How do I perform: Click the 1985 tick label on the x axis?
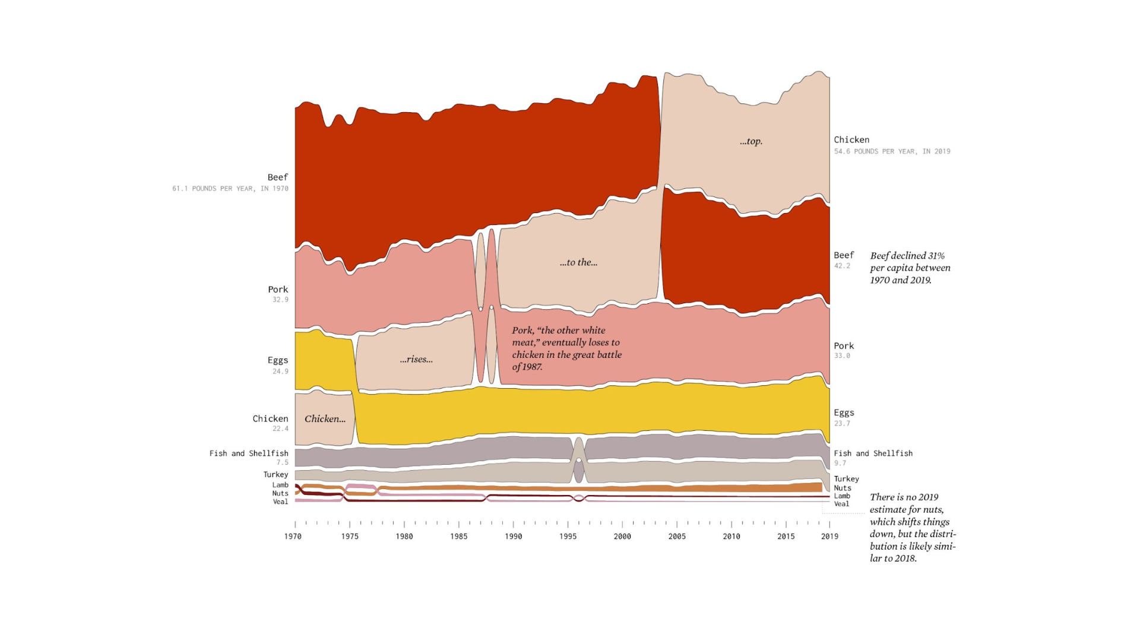[458, 537]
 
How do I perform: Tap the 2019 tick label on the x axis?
[829, 537]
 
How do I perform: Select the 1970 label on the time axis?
[293, 537]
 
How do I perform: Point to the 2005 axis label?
[677, 537]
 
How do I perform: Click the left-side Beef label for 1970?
[277, 177]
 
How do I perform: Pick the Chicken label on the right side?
[851, 140]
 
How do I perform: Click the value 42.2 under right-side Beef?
[842, 266]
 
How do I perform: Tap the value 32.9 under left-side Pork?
[280, 300]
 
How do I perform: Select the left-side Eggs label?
[277, 360]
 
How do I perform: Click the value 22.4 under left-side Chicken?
[280, 429]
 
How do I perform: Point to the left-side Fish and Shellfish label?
[249, 453]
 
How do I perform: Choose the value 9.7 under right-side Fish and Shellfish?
[840, 463]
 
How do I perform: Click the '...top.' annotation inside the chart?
[751, 141]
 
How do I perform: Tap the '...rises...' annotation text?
[416, 359]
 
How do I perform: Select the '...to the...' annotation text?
[578, 262]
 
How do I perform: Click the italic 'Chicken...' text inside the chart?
[325, 419]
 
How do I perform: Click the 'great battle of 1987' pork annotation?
[566, 348]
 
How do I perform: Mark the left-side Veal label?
[280, 502]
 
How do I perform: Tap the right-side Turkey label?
[846, 479]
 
